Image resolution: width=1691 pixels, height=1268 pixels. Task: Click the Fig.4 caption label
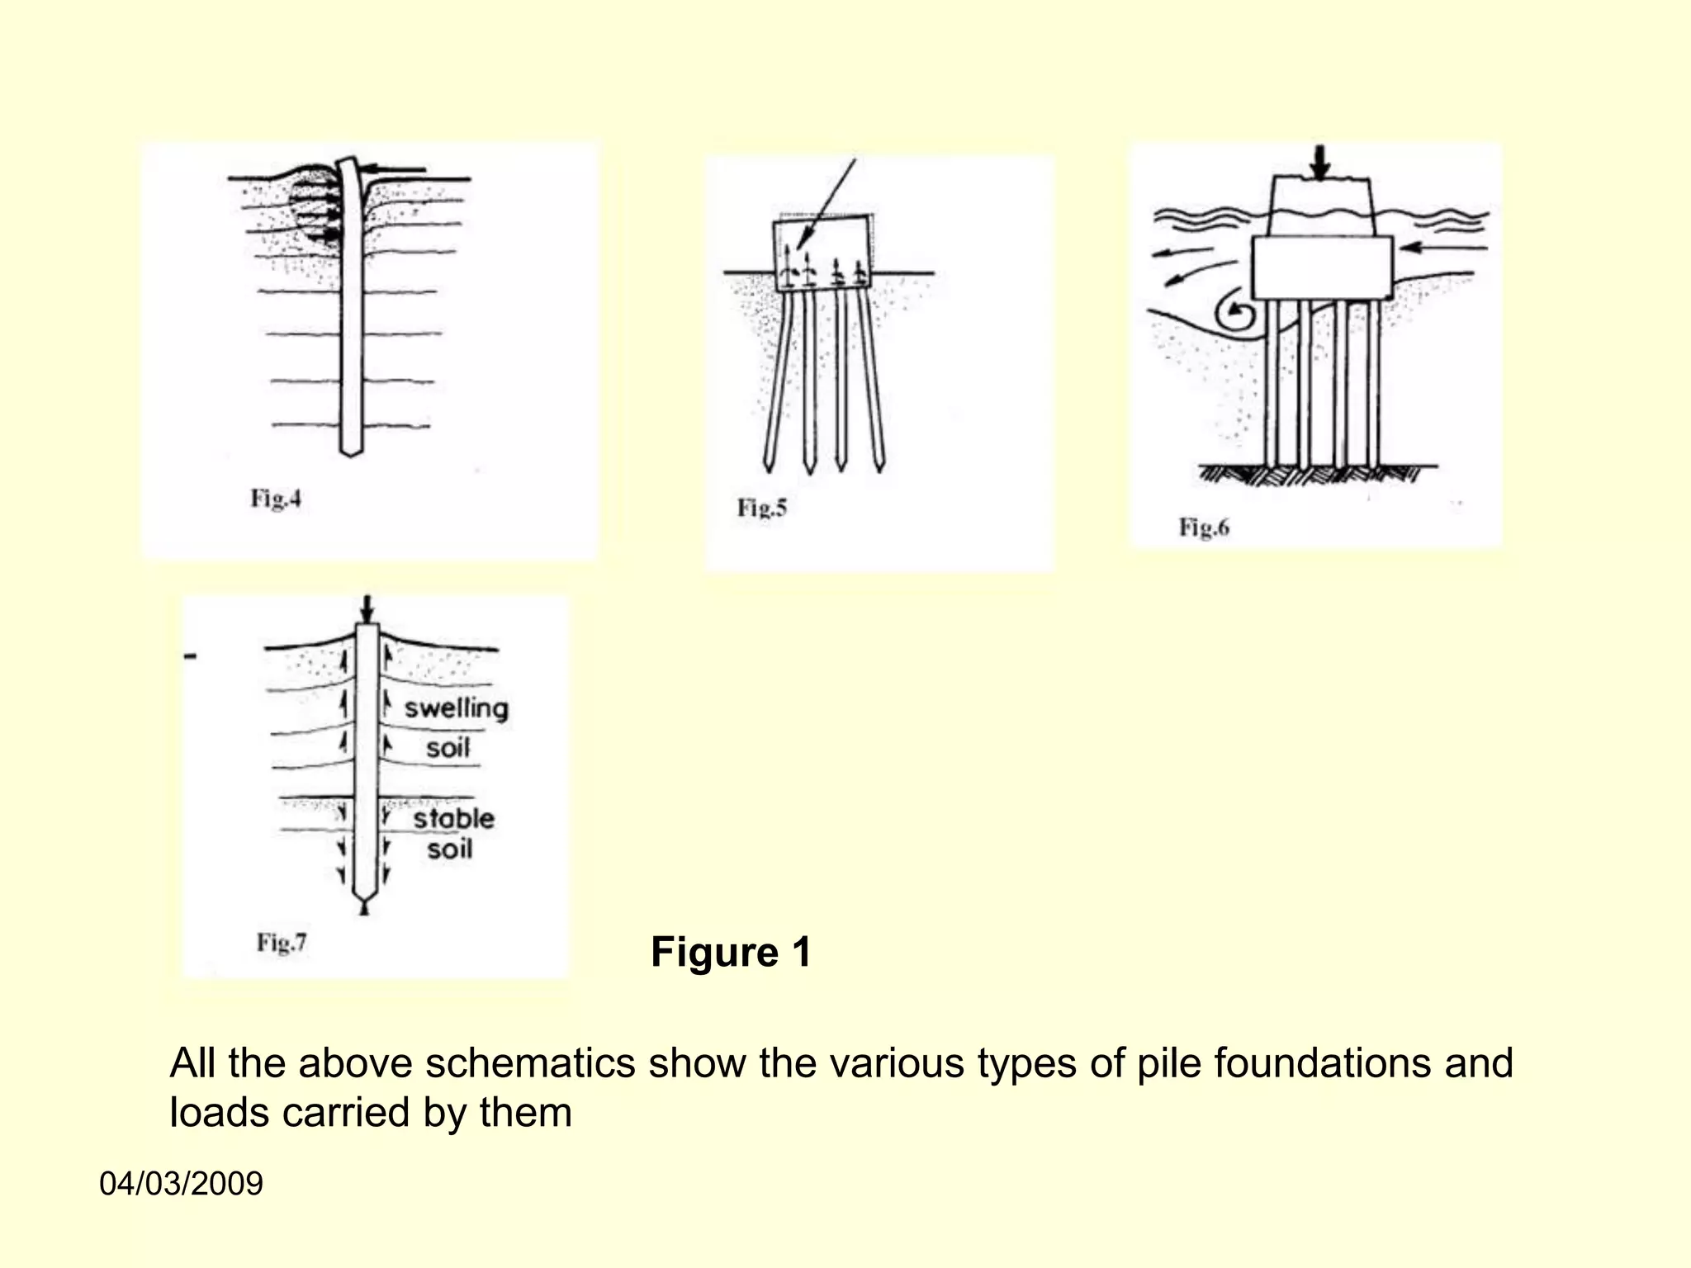click(x=276, y=499)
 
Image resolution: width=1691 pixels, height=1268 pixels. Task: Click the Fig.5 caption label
click(x=762, y=507)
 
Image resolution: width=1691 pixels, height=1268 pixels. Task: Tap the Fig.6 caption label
click(x=1204, y=527)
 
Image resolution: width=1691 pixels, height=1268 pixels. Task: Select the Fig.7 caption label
click(x=282, y=942)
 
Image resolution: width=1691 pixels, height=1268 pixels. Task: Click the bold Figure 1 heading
click(x=731, y=952)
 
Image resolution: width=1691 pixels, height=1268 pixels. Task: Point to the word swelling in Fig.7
click(x=456, y=708)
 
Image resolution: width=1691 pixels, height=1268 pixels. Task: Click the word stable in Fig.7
click(x=453, y=818)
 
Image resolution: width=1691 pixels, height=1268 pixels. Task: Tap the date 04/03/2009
click(x=181, y=1184)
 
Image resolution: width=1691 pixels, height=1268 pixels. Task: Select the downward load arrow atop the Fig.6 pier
click(x=1321, y=163)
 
